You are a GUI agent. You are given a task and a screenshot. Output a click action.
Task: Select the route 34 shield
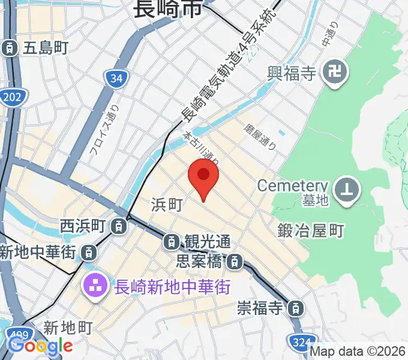click(x=116, y=78)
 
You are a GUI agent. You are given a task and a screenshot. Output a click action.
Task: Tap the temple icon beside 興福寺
click(x=331, y=74)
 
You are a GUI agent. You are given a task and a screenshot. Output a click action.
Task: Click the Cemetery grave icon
click(x=347, y=190)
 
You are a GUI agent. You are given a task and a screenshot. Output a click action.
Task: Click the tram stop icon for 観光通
click(x=171, y=242)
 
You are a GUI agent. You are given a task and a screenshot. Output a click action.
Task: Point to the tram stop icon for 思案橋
click(x=235, y=262)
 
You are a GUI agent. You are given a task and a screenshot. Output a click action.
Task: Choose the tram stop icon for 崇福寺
click(x=295, y=309)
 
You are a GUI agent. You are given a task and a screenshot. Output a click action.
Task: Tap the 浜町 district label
click(x=166, y=205)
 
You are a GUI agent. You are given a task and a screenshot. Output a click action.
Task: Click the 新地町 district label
click(x=68, y=328)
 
